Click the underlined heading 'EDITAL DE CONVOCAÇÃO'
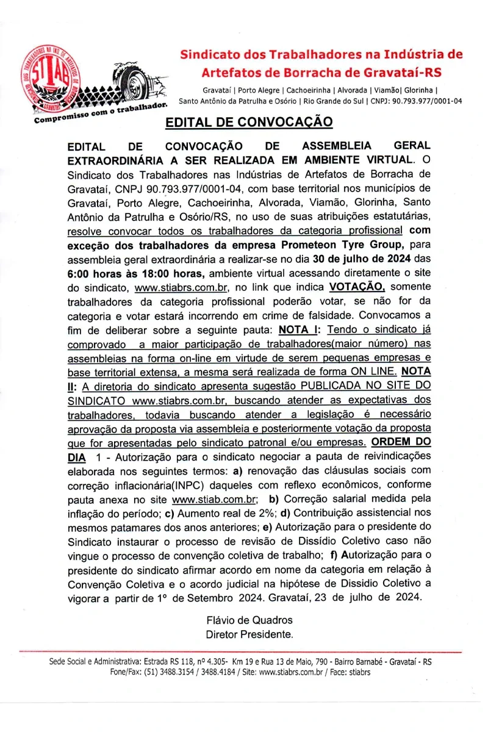coord(249,122)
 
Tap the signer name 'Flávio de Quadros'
coord(249,620)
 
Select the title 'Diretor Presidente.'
coord(249,634)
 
